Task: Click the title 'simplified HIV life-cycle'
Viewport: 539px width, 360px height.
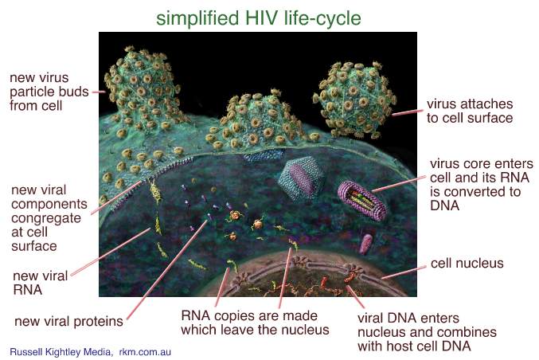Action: (x=259, y=18)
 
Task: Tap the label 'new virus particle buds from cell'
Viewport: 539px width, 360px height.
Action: (x=49, y=92)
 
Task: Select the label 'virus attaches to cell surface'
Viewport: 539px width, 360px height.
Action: (x=470, y=111)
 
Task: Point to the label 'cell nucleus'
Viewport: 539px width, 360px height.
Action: (x=467, y=263)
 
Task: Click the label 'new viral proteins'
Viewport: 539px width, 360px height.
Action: (x=68, y=321)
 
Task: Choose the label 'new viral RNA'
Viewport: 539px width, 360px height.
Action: (x=41, y=283)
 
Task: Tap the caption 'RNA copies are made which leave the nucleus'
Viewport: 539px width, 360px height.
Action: (x=255, y=323)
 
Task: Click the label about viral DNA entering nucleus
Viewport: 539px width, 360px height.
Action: (x=427, y=332)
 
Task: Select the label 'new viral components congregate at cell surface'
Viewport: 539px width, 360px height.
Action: (x=49, y=217)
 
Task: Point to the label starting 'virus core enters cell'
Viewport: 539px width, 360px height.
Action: (x=481, y=184)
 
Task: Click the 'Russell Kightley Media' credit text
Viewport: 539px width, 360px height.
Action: (x=61, y=352)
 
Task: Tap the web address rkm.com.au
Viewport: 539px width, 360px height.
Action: (x=145, y=352)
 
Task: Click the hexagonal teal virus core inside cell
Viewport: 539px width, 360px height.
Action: (x=302, y=178)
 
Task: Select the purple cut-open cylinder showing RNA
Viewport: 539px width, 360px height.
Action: (x=363, y=200)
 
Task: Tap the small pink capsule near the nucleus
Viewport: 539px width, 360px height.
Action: (x=365, y=244)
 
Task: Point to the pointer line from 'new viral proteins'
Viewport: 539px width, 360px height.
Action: (x=167, y=270)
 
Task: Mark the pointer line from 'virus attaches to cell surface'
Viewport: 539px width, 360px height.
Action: (x=408, y=113)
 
